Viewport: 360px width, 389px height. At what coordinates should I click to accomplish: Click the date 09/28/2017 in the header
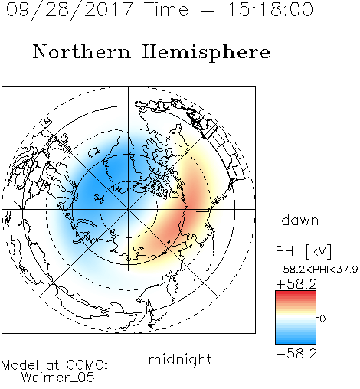69,10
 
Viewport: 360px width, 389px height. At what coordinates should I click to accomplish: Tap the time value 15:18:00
270,9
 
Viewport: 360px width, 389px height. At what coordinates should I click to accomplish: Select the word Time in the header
166,9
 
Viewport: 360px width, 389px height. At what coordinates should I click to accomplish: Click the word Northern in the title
82,51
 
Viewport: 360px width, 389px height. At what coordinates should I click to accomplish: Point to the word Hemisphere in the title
206,53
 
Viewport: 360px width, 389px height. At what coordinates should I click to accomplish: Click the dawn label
300,220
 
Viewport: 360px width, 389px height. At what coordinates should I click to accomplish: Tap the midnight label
180,359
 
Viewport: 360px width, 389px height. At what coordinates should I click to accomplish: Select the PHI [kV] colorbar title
303,251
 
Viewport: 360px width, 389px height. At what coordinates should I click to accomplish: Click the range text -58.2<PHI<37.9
316,270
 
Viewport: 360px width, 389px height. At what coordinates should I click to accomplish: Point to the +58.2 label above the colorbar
296,284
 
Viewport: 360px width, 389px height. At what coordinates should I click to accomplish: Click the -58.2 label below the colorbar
296,354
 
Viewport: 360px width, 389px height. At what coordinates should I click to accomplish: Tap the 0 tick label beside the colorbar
322,319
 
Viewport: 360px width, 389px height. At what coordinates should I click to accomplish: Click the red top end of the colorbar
296,293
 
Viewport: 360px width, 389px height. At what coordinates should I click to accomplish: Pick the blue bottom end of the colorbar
296,342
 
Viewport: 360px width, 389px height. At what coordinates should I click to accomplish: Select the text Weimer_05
58,378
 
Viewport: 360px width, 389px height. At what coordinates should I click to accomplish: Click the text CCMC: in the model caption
87,365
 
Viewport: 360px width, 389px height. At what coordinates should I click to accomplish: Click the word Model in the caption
20,365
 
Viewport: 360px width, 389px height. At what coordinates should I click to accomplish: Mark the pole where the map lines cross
129,210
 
